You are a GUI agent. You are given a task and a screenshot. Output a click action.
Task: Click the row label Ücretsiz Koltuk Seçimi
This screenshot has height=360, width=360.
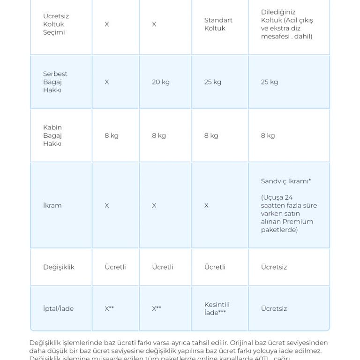pos(56,24)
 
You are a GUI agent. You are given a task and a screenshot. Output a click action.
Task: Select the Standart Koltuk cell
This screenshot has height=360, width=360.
pos(218,24)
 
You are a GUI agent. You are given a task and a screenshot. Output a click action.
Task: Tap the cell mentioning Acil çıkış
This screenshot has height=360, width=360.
pos(287,24)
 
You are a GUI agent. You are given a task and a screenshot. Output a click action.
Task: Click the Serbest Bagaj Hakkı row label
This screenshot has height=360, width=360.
pos(55,82)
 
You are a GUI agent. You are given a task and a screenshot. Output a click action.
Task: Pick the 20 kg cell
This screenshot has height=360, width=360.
pos(160,82)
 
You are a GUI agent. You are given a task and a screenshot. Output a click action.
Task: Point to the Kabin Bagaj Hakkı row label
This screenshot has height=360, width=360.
pos(52,135)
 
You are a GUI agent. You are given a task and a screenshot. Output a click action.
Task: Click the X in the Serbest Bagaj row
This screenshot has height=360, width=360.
pos(107,82)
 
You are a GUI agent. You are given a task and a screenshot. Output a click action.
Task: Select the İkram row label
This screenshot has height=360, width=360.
pos(52,205)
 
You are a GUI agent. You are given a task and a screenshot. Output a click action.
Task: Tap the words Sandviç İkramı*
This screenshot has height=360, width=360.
pos(286,181)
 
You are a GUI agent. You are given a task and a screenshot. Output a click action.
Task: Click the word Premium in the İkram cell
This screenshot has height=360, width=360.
pos(298,222)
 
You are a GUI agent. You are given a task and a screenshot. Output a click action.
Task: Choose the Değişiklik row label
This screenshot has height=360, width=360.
pos(59,267)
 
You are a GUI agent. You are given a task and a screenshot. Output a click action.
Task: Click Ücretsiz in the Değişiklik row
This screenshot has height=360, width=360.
pos(274,267)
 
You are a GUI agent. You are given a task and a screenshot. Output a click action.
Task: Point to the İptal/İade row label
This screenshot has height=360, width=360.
pos(58,309)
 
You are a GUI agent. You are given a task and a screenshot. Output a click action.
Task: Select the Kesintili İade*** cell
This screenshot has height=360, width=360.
pos(217,308)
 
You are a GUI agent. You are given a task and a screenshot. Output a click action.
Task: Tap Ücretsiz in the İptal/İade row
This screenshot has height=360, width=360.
pos(274,309)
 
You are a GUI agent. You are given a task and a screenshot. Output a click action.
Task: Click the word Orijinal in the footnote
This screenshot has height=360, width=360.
pos(244,343)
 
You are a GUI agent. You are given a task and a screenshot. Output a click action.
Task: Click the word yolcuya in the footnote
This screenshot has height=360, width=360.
pos(264,351)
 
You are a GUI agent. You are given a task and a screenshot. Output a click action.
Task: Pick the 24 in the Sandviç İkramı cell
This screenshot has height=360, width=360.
pos(288,197)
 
